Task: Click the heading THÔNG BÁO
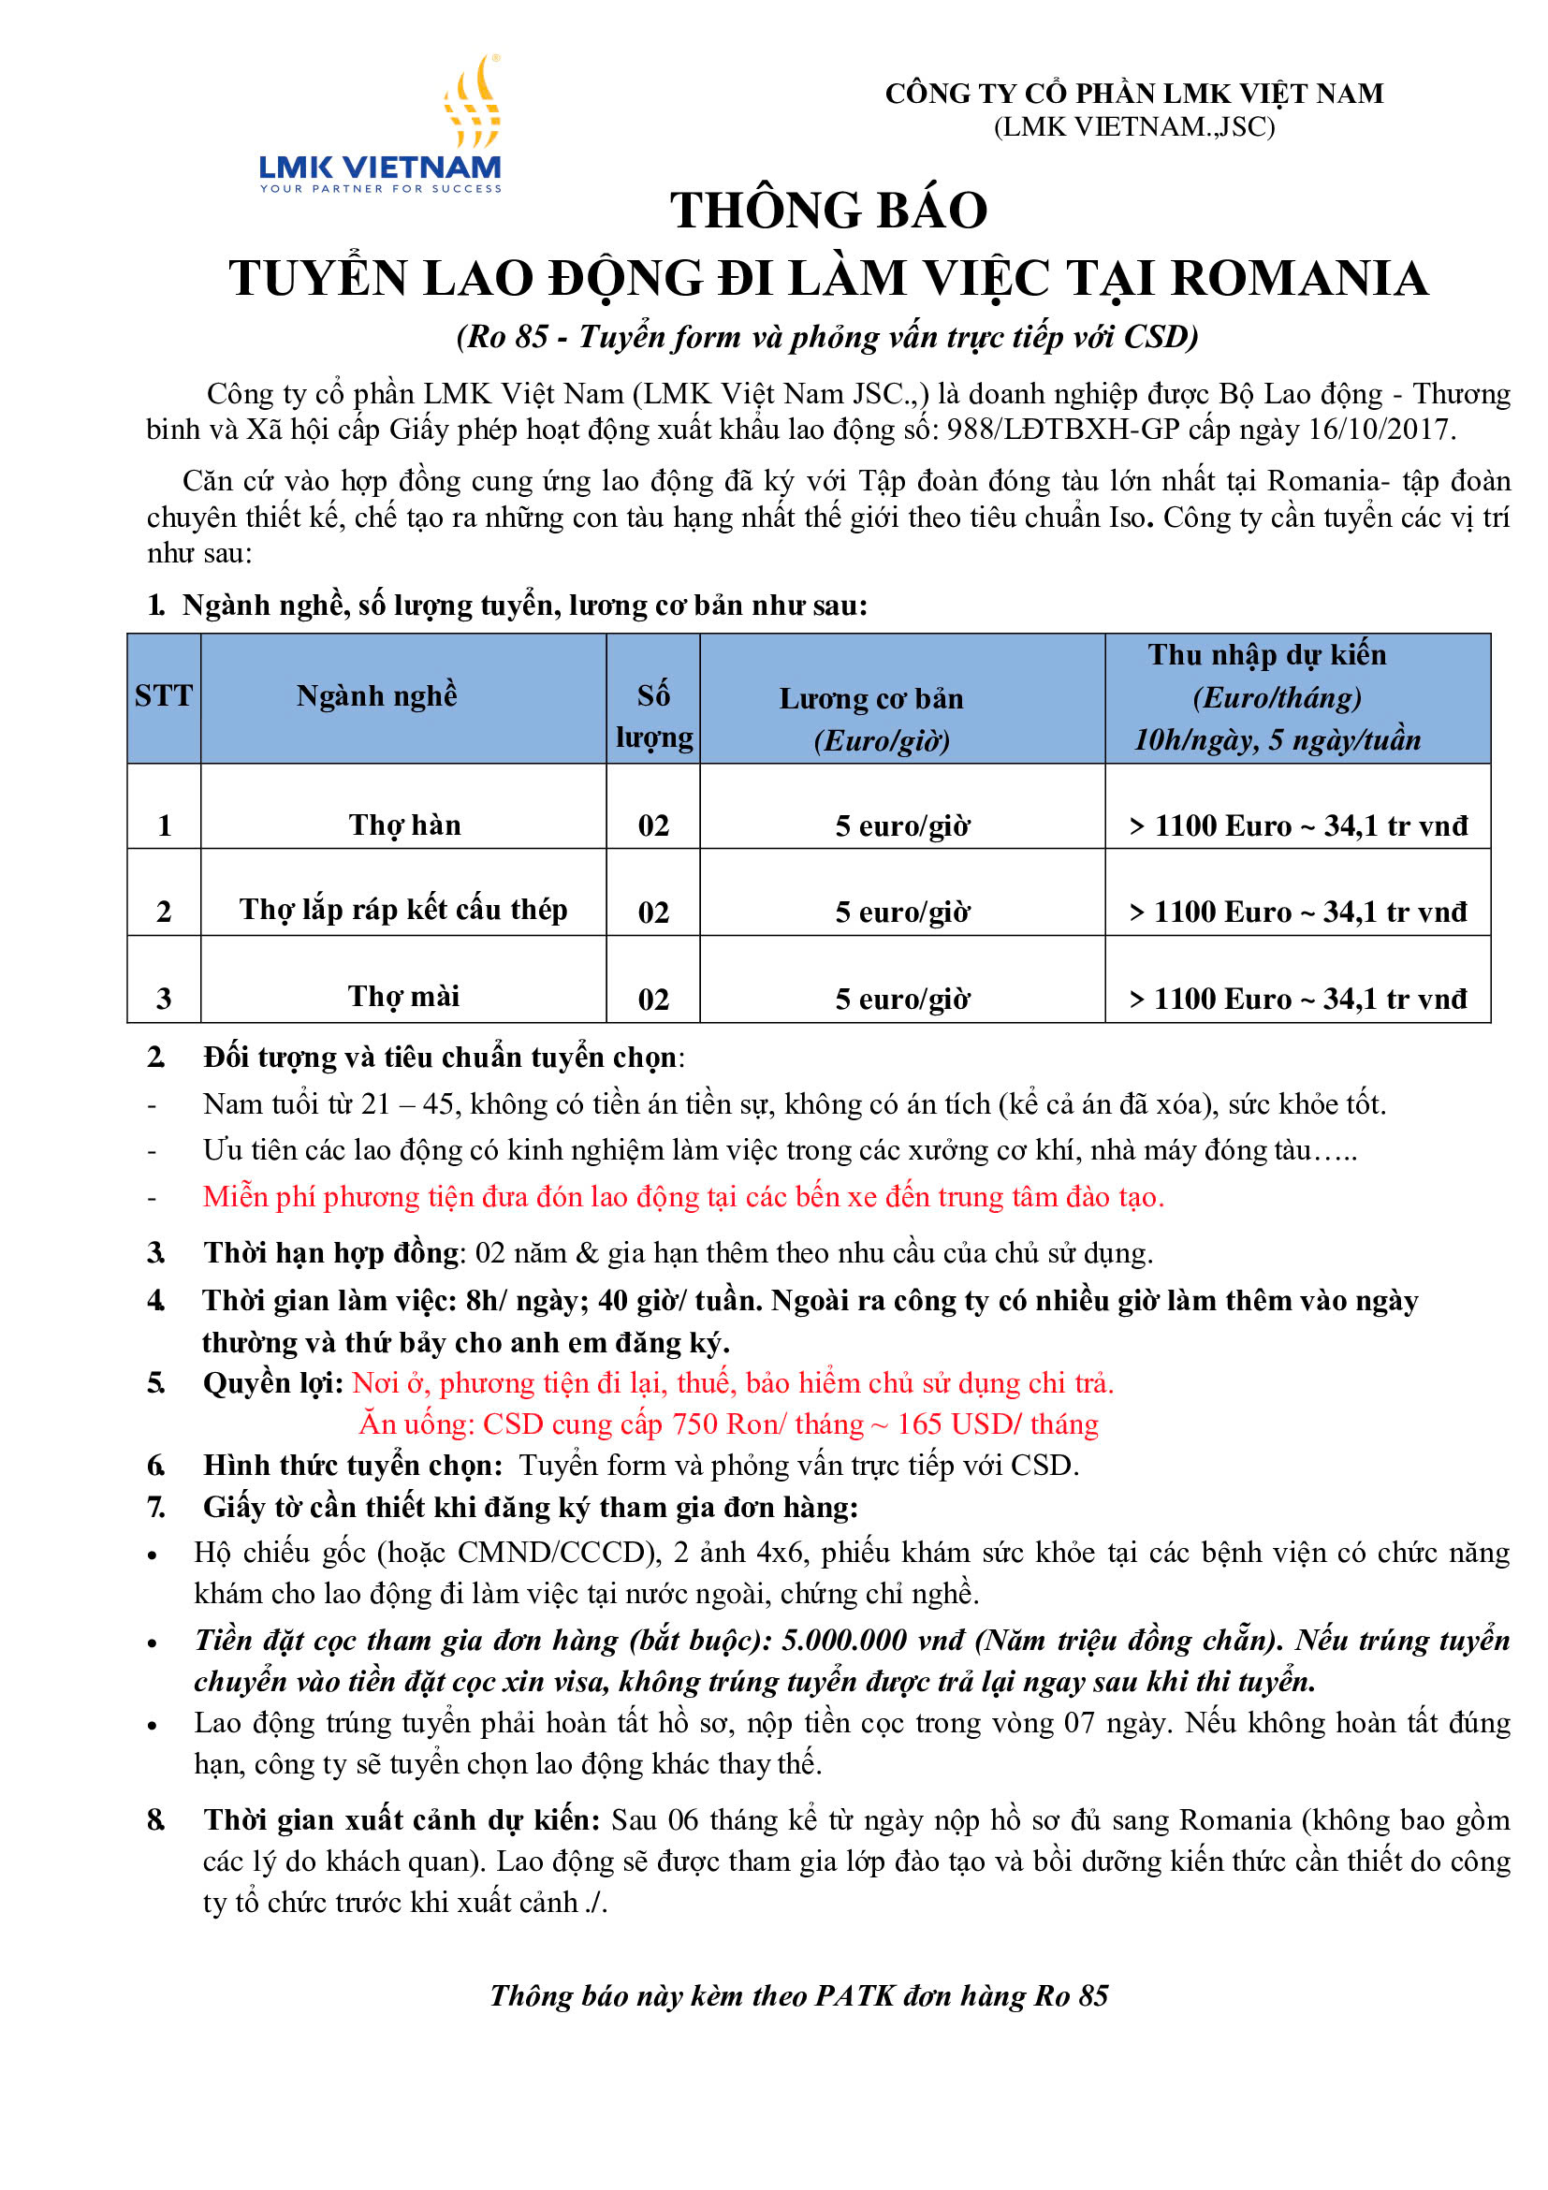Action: click(828, 211)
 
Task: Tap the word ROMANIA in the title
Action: click(1299, 280)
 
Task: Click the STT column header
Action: click(163, 696)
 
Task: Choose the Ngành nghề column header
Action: click(377, 696)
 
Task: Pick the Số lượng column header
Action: click(653, 715)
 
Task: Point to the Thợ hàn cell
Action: click(404, 825)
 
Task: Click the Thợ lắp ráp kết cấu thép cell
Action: click(403, 910)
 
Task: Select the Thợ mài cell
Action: click(403, 997)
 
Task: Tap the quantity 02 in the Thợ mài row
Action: click(653, 999)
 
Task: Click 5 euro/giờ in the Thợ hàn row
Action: click(902, 826)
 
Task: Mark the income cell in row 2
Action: click(1298, 912)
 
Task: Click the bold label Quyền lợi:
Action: click(272, 1383)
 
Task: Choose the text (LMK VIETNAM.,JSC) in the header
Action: click(1134, 127)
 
